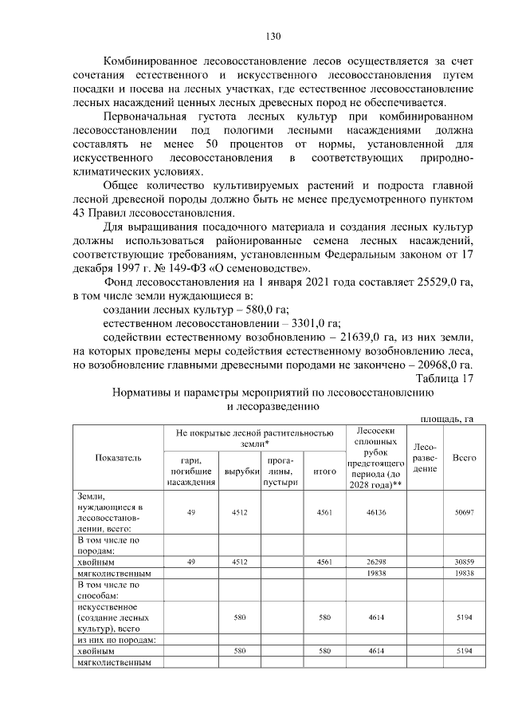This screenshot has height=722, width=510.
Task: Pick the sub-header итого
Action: click(324, 471)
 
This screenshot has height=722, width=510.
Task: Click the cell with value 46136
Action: click(375, 512)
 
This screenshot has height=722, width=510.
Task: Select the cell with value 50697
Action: click(464, 512)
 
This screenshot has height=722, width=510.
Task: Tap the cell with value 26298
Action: click(375, 562)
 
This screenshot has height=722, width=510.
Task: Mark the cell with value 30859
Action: click(464, 562)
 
